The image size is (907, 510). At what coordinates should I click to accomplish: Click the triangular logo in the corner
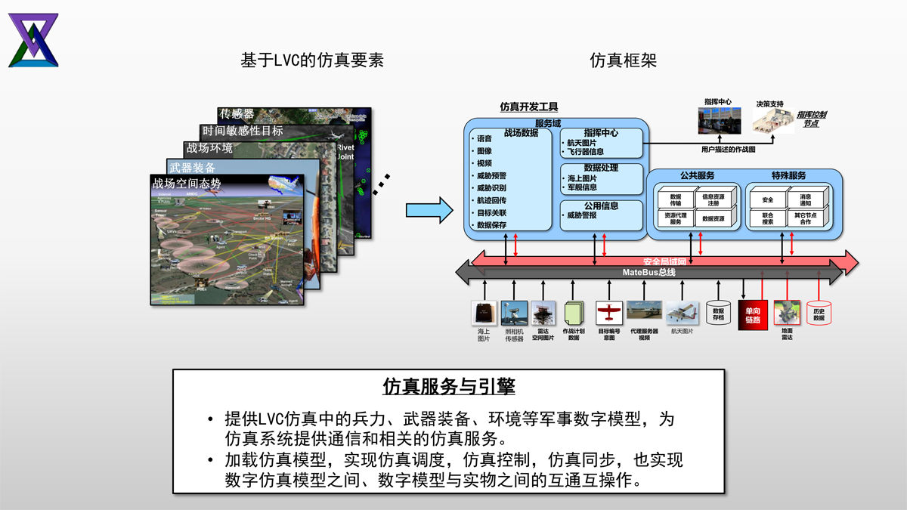33,40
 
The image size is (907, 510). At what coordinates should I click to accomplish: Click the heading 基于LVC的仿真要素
311,60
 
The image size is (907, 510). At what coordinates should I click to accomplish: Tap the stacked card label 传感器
237,114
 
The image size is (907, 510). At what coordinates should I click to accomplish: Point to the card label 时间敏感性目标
243,131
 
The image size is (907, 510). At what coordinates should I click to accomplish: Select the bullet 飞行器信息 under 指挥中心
586,152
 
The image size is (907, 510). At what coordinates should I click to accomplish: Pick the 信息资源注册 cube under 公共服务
713,199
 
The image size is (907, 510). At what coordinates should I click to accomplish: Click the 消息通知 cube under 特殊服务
805,199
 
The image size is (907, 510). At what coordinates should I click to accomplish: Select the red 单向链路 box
753,315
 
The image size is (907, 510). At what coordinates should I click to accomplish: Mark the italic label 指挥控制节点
812,119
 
